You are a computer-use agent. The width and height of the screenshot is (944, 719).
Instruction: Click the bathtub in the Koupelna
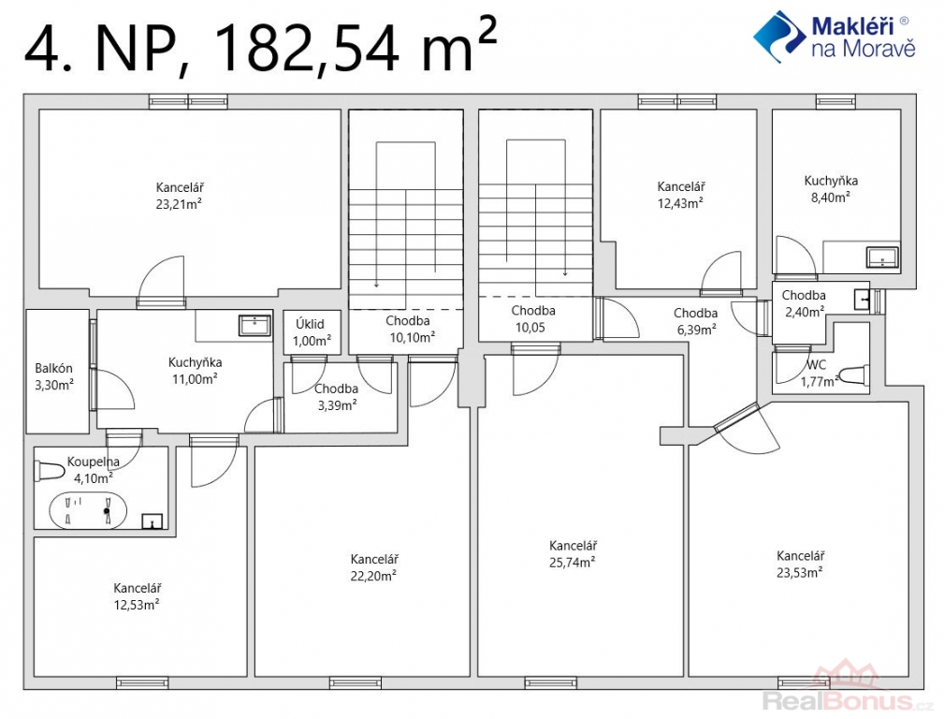click(x=88, y=510)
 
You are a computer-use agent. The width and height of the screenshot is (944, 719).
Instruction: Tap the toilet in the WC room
click(x=853, y=374)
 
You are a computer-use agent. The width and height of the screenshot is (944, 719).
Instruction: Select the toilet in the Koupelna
click(x=50, y=471)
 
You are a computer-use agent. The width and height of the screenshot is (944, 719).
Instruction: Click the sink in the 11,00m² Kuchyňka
click(x=255, y=325)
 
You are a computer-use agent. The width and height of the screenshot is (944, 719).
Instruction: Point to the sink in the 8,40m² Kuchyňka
click(x=882, y=257)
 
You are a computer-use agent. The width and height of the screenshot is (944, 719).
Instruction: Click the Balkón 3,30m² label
click(x=54, y=376)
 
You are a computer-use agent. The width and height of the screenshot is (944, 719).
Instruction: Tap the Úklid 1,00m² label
click(x=312, y=332)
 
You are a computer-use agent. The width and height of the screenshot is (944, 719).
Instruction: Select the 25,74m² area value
click(x=572, y=563)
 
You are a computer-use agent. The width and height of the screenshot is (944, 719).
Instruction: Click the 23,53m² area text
click(x=800, y=573)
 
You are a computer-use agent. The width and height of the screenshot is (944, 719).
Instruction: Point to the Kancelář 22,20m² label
click(x=373, y=567)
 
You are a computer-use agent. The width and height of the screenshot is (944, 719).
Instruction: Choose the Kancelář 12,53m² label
click(x=137, y=596)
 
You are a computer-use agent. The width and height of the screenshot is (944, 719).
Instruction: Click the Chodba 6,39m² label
click(x=695, y=321)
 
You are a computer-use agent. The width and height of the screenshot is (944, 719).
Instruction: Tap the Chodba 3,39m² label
click(x=337, y=397)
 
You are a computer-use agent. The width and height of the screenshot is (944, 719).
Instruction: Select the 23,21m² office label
click(x=179, y=196)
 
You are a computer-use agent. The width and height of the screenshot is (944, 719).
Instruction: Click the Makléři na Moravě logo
click(x=835, y=37)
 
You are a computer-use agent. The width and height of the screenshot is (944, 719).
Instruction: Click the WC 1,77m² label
click(x=819, y=374)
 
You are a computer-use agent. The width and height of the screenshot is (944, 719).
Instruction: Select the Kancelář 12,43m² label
click(x=681, y=196)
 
